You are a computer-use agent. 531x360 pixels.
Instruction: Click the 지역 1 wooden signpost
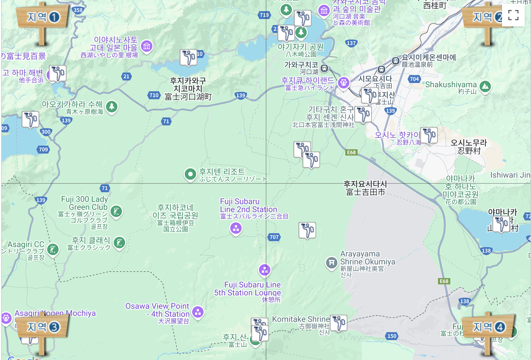42,18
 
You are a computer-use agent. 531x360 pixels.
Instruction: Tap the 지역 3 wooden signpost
43,327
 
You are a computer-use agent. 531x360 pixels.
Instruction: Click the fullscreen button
513,15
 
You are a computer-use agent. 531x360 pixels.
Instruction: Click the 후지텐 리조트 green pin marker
190,174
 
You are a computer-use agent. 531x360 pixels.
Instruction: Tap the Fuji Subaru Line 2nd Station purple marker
236,228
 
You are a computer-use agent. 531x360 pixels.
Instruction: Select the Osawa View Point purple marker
198,312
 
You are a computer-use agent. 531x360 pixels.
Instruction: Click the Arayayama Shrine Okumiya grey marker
331,262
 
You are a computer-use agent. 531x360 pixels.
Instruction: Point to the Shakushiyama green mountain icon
485,86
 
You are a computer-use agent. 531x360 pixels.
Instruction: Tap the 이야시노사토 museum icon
147,46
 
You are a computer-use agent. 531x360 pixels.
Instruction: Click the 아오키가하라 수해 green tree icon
112,107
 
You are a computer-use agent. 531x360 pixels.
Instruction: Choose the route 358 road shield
78,10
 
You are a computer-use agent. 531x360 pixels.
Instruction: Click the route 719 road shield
264,15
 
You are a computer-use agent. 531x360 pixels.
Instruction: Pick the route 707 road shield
274,237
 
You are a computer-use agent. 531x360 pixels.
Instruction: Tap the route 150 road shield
392,336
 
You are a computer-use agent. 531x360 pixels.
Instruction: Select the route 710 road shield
154,95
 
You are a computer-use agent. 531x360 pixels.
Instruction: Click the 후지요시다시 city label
365,188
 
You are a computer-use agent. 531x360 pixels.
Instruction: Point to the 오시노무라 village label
469,147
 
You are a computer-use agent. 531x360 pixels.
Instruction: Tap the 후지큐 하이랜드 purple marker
343,83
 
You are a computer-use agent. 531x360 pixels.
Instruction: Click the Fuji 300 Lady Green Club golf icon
116,211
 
